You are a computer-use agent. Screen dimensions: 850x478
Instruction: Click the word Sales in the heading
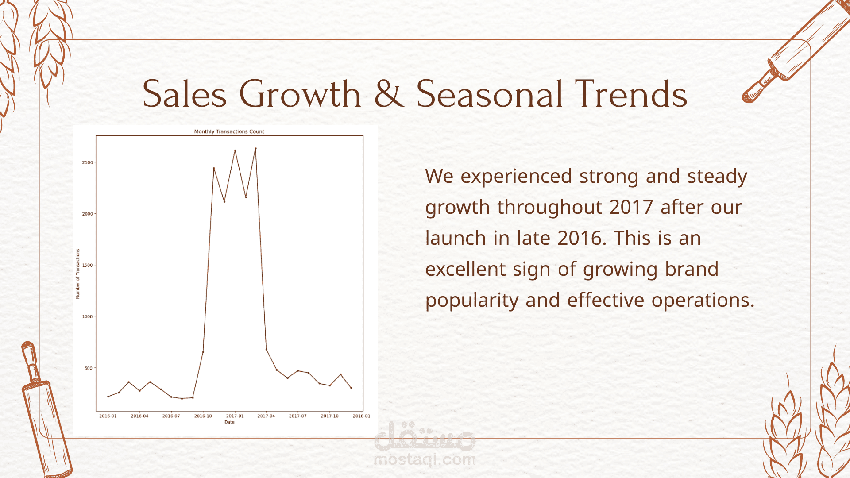point(185,94)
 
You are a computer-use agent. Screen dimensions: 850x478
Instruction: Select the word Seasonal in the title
point(490,94)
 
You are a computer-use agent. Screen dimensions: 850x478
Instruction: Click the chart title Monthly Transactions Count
point(229,131)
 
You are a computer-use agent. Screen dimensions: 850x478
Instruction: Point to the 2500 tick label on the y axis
point(87,162)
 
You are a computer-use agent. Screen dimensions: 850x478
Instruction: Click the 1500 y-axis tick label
point(87,265)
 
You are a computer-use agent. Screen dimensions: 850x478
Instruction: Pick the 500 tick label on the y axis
point(89,368)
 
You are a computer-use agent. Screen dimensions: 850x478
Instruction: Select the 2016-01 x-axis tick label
point(108,416)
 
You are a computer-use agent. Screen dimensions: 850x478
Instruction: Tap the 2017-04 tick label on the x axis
point(266,416)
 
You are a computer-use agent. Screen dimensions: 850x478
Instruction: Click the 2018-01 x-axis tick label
point(361,416)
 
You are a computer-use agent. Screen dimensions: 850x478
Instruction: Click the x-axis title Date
point(229,422)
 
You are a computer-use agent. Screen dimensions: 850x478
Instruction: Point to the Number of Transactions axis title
point(78,274)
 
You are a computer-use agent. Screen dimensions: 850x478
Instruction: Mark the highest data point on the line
point(255,148)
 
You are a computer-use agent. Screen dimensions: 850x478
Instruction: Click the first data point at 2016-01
point(108,397)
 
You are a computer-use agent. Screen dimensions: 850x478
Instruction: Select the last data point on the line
point(351,388)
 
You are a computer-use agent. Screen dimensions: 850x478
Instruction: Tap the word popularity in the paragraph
point(472,301)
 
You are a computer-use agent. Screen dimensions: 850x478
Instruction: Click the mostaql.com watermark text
point(425,460)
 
